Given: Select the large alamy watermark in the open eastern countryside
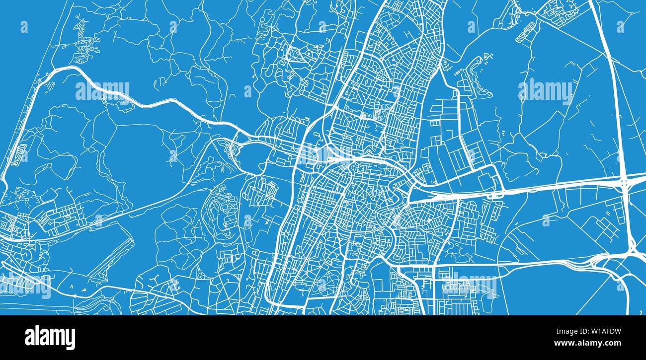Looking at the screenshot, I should coord(545,91).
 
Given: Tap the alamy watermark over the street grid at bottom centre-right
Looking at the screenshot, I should coord(469,286).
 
